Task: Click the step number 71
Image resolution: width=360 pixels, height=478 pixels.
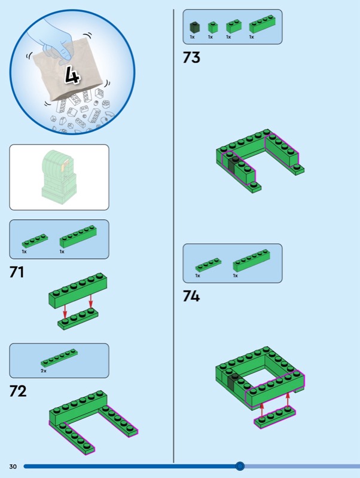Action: click(17, 272)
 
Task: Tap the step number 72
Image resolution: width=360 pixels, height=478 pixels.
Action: click(18, 391)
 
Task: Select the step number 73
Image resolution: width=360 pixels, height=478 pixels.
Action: click(191, 57)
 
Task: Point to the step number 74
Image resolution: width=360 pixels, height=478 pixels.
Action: click(191, 296)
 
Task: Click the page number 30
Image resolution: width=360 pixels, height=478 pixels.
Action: click(13, 467)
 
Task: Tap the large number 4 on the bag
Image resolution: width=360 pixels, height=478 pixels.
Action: click(72, 75)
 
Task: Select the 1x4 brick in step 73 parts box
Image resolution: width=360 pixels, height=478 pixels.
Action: click(263, 24)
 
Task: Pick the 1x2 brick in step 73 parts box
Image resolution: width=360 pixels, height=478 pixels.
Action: click(233, 26)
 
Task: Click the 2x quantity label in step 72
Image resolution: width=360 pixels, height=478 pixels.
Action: click(44, 371)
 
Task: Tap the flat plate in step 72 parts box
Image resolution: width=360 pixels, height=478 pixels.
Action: click(59, 357)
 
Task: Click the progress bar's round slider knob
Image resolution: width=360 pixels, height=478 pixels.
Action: click(240, 466)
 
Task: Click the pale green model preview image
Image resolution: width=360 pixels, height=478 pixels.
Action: click(59, 177)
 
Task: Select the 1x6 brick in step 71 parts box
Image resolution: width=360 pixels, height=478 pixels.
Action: click(78, 237)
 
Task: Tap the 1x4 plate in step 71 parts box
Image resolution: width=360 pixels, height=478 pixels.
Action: click(35, 241)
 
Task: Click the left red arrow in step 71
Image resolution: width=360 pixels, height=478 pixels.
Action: click(65, 311)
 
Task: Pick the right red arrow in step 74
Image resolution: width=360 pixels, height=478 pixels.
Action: click(288, 400)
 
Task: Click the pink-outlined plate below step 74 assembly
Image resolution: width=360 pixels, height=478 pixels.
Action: click(274, 417)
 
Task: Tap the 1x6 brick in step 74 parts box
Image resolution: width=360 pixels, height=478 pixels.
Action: click(251, 261)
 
